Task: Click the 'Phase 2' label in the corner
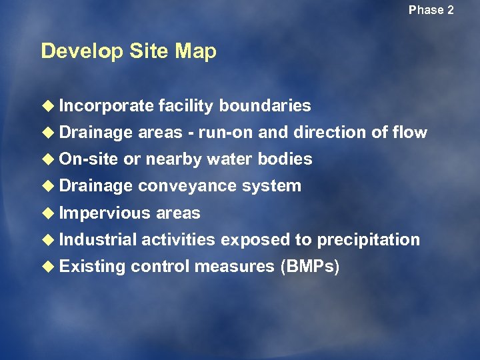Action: pos(431,10)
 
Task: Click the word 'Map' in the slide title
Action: pos(197,51)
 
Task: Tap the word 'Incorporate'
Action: pos(106,106)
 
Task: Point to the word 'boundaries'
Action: pos(265,106)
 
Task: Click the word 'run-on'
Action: pos(226,133)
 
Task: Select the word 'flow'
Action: pos(409,133)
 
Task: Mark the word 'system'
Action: pos(271,186)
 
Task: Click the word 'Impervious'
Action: pos(105,213)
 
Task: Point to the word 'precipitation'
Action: pos(368,240)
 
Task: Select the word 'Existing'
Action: pos(92,267)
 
